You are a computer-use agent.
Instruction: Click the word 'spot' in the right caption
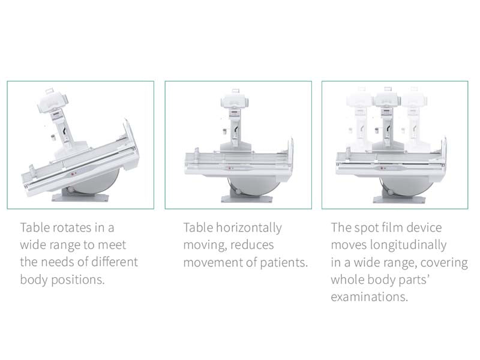(x=365, y=228)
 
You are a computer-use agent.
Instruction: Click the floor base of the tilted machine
(x=74, y=197)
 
